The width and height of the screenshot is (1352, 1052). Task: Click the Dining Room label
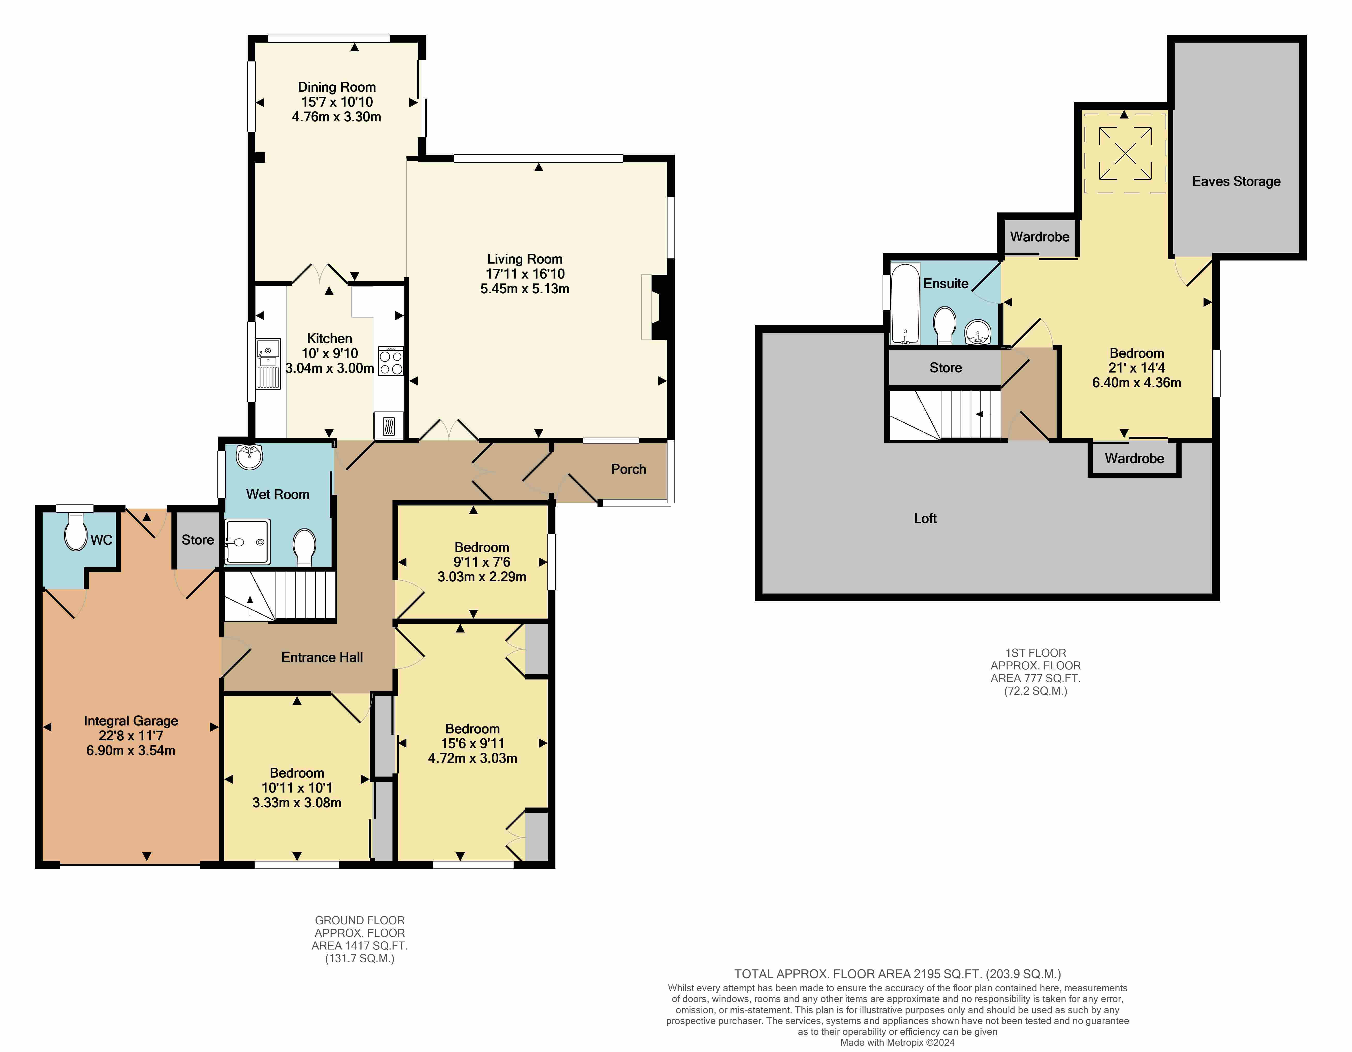point(337,87)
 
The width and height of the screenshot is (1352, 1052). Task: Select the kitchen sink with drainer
point(268,364)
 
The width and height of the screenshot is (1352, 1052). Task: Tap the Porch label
point(628,469)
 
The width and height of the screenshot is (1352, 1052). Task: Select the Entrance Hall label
point(322,657)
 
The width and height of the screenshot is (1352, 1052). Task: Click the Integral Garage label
point(131,721)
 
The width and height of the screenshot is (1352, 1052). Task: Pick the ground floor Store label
point(198,540)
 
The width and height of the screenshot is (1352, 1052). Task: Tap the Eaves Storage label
point(1236,181)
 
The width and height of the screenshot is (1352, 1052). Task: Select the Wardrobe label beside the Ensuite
point(1039,237)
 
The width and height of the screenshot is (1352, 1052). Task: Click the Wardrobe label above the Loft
point(1134,458)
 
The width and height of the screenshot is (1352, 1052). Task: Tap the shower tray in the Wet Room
point(247,541)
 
